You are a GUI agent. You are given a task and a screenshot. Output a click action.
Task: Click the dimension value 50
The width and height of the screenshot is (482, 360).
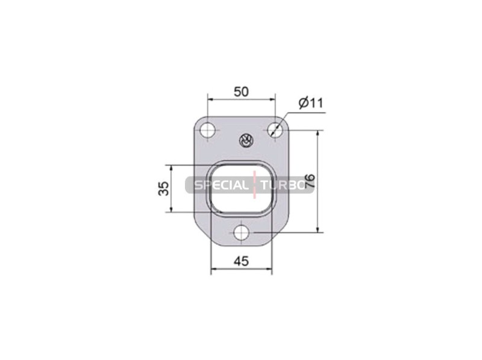point(242,92)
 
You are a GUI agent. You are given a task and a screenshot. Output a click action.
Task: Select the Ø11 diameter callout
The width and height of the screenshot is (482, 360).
point(311,103)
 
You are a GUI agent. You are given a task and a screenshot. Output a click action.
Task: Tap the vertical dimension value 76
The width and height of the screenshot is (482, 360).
point(310,181)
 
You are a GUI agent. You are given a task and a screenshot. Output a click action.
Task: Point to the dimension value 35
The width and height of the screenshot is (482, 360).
point(163,188)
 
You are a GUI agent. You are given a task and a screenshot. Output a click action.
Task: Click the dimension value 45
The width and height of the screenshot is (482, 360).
point(242,261)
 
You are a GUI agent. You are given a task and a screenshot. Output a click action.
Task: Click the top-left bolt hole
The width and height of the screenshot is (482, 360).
point(207,130)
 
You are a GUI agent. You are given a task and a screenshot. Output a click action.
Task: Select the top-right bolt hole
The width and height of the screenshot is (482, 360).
point(275,130)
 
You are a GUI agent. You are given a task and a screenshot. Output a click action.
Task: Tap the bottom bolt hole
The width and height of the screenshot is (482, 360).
point(242,232)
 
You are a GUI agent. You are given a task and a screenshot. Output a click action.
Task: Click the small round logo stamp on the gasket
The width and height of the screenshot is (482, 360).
point(246,141)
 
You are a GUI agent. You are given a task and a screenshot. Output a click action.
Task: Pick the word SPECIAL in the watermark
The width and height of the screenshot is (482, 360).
point(221,185)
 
